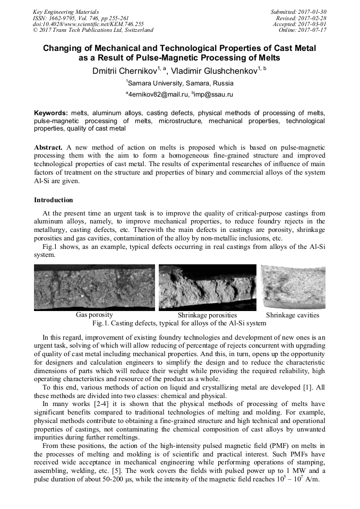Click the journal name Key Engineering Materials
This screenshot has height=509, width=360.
(x=65, y=11)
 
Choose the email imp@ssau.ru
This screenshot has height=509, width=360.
(x=212, y=94)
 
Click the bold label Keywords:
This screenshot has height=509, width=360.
(x=51, y=114)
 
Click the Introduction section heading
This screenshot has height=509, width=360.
(x=54, y=200)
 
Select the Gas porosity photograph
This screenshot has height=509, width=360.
(x=95, y=287)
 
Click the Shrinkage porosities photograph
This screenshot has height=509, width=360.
(x=208, y=287)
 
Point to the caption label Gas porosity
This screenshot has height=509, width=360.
(x=95, y=315)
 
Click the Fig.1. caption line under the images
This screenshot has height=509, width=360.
(x=179, y=323)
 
